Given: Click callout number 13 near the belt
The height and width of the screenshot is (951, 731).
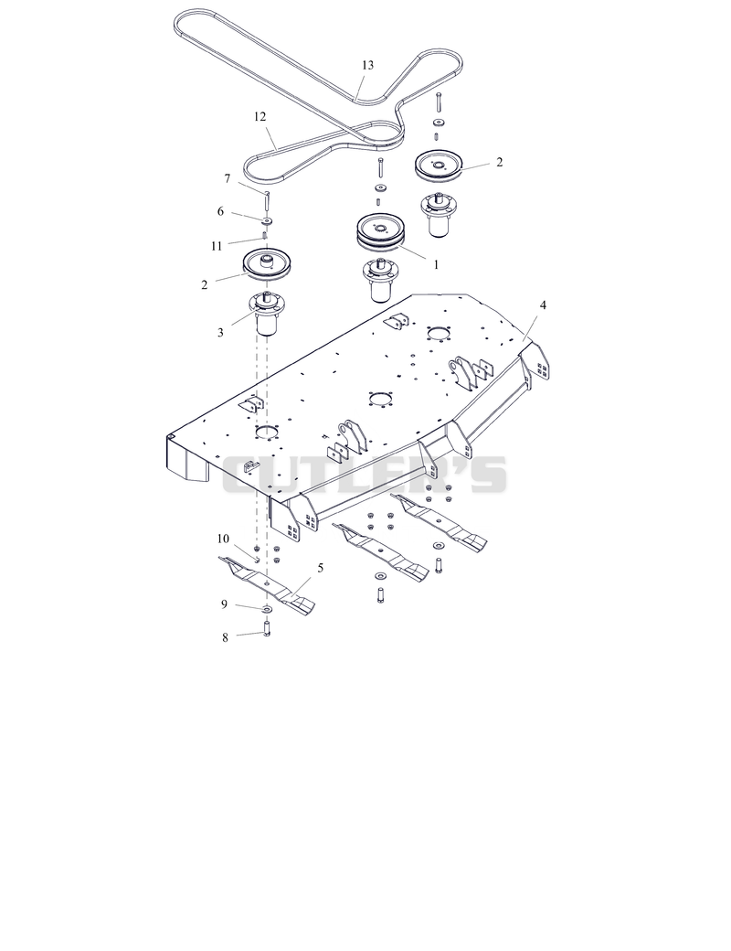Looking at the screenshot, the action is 367,65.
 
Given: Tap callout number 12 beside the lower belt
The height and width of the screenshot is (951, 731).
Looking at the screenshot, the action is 260,116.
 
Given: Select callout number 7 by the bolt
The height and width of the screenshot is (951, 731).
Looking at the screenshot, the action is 228,178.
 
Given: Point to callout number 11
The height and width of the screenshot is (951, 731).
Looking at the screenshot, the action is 217,246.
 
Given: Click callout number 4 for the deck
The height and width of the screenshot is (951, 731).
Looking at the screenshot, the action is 543,305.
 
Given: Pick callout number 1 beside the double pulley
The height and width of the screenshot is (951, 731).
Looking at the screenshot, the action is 435,264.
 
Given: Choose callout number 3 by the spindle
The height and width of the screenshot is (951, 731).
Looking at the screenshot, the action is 220,332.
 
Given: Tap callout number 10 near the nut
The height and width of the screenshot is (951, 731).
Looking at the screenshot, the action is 223,539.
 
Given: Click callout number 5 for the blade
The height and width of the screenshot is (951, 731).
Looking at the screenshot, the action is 320,568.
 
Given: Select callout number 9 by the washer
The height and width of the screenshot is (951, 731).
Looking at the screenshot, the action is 224,604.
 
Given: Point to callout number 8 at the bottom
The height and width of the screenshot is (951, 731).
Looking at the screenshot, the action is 225,637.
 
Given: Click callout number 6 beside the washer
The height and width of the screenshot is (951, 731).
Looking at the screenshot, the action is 220,211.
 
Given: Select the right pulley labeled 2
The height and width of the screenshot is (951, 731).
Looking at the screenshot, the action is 439,164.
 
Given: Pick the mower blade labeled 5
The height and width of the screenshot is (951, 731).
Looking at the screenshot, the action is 267,582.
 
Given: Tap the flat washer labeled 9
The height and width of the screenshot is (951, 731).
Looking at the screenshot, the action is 268,608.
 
